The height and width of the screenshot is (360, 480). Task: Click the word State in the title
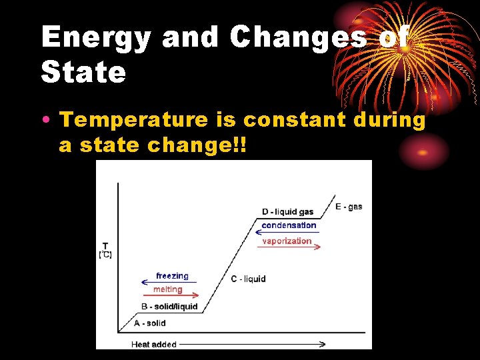[x=83, y=72]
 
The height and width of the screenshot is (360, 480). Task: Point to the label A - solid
[x=150, y=323]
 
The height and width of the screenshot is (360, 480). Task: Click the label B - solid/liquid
[x=169, y=307]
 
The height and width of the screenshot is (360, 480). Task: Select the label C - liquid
[x=248, y=279]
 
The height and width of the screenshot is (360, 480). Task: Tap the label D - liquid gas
[x=287, y=212]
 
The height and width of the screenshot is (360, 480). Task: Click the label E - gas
[x=349, y=207]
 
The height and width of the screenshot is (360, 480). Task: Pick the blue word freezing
[x=172, y=276]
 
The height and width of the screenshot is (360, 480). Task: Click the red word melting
[x=167, y=289]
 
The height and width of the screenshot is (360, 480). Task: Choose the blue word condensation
[x=289, y=225]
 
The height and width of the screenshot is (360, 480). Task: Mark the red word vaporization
[x=287, y=241]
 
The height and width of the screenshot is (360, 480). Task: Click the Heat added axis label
[x=154, y=344]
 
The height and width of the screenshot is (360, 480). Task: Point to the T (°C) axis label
[x=105, y=250]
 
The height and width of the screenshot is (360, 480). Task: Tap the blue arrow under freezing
[x=170, y=283]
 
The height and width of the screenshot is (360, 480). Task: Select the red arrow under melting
[x=170, y=295]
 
